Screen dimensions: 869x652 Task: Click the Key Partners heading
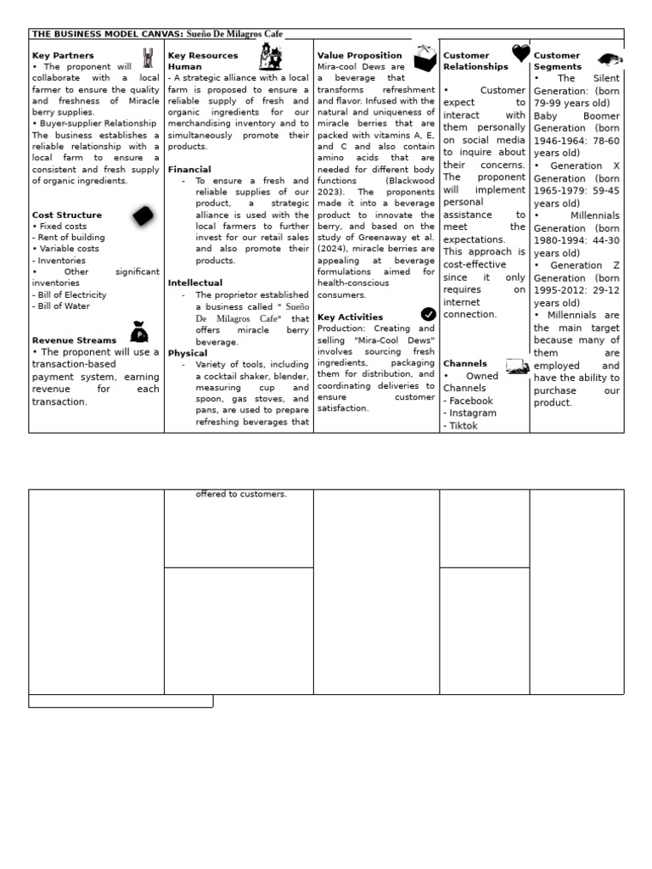[63, 55]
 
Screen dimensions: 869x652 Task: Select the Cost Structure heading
[66, 215]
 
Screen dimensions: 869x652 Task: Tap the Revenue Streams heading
[74, 340]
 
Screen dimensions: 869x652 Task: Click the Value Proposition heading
[359, 55]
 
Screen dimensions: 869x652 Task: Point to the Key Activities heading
[350, 317]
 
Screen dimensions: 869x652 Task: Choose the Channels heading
[465, 363]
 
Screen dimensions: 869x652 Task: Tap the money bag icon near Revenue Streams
[138, 332]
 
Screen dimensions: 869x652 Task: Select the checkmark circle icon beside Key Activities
[428, 315]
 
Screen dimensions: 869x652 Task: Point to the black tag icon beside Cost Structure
[143, 216]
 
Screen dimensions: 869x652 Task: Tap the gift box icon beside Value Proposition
[424, 58]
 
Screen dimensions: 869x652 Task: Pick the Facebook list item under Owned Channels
[468, 401]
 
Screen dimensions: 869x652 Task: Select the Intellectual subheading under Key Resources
[195, 283]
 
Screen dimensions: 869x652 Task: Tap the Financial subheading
[189, 170]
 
